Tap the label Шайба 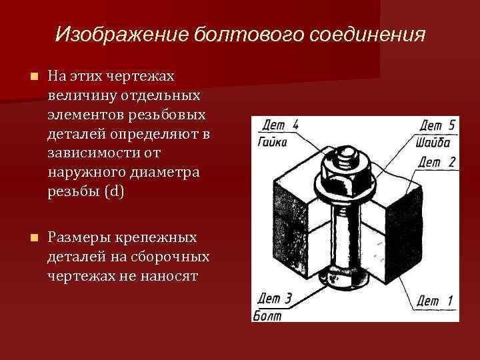(434, 142)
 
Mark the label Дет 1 (437, 301)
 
